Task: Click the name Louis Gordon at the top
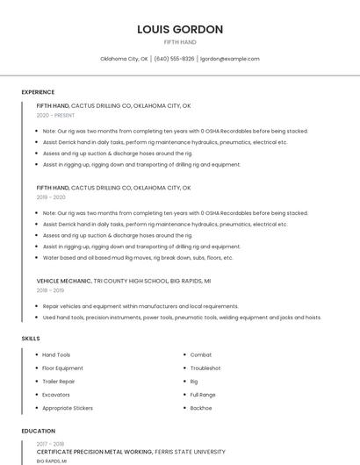pyautogui.click(x=180, y=29)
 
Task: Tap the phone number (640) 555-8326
pyautogui.click(x=174, y=59)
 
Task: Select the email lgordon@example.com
pyautogui.click(x=230, y=59)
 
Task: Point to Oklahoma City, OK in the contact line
pyautogui.click(x=124, y=59)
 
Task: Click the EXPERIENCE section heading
pyautogui.click(x=38, y=92)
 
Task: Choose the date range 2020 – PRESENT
pyautogui.click(x=55, y=115)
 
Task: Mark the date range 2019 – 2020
pyautogui.click(x=51, y=197)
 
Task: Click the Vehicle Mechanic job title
pyautogui.click(x=63, y=280)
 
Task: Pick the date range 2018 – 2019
pyautogui.click(x=50, y=290)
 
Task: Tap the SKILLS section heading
pyautogui.click(x=31, y=338)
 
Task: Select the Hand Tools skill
pyautogui.click(x=56, y=354)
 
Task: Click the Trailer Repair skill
pyautogui.click(x=59, y=381)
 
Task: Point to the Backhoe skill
pyautogui.click(x=201, y=408)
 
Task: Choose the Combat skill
pyautogui.click(x=201, y=354)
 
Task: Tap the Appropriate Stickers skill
pyautogui.click(x=68, y=408)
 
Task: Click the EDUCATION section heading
pyautogui.click(x=38, y=431)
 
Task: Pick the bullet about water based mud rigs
pyautogui.click(x=138, y=258)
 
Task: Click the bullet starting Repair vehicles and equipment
pyautogui.click(x=140, y=306)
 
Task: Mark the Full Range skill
pyautogui.click(x=203, y=395)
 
